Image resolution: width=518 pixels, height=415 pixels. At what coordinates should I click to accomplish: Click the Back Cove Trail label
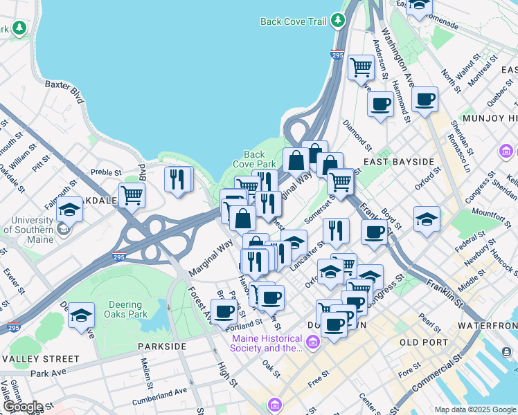[x=293, y=21]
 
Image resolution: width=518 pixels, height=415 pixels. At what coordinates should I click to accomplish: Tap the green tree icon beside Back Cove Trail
[x=338, y=21]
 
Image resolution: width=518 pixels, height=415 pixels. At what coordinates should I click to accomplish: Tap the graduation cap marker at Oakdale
[x=70, y=210]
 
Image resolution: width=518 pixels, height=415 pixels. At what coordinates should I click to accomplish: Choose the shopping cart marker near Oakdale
[x=132, y=194]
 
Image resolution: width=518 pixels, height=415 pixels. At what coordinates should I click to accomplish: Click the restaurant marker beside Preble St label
[x=178, y=180]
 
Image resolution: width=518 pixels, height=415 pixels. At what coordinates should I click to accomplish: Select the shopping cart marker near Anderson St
[x=361, y=67]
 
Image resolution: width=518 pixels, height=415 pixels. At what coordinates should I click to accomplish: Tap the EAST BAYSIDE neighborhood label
[x=398, y=162]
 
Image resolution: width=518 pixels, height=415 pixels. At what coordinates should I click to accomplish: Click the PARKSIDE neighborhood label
[x=162, y=346]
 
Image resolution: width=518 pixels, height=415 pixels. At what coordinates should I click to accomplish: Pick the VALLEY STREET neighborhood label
[x=41, y=359]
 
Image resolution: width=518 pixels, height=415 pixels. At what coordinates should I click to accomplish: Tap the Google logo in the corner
[x=22, y=407]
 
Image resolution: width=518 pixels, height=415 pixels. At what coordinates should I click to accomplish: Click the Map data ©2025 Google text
[x=474, y=409]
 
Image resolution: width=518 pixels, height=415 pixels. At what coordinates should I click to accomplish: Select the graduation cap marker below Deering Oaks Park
[x=81, y=315]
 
